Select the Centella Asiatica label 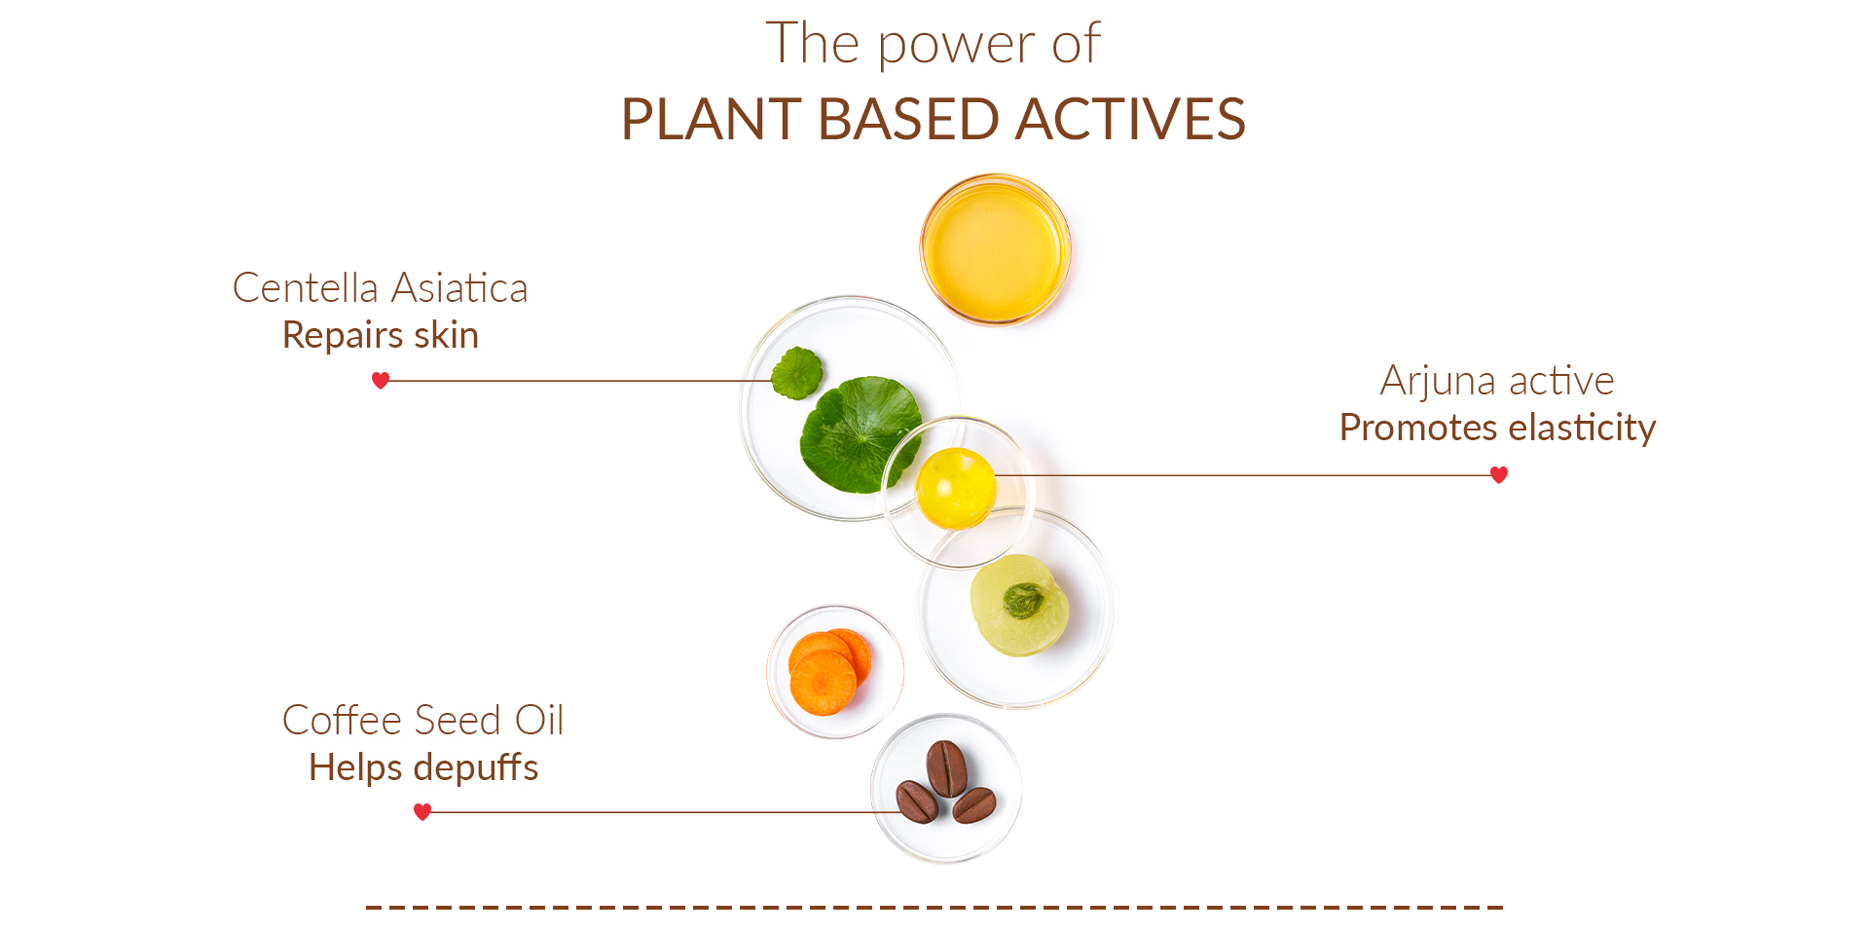click(381, 288)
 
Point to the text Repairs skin click(381, 335)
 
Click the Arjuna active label click(1497, 381)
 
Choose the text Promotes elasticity click(1497, 428)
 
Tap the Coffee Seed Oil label click(423, 721)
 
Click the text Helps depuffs click(423, 767)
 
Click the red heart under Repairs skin click(381, 381)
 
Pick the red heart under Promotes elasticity click(1499, 475)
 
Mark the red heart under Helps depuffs click(422, 812)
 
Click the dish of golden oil click(996, 249)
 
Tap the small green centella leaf click(797, 373)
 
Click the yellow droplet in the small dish click(956, 489)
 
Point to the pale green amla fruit click(1019, 606)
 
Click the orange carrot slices click(829, 672)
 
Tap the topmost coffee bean click(946, 768)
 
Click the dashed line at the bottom click(934, 908)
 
